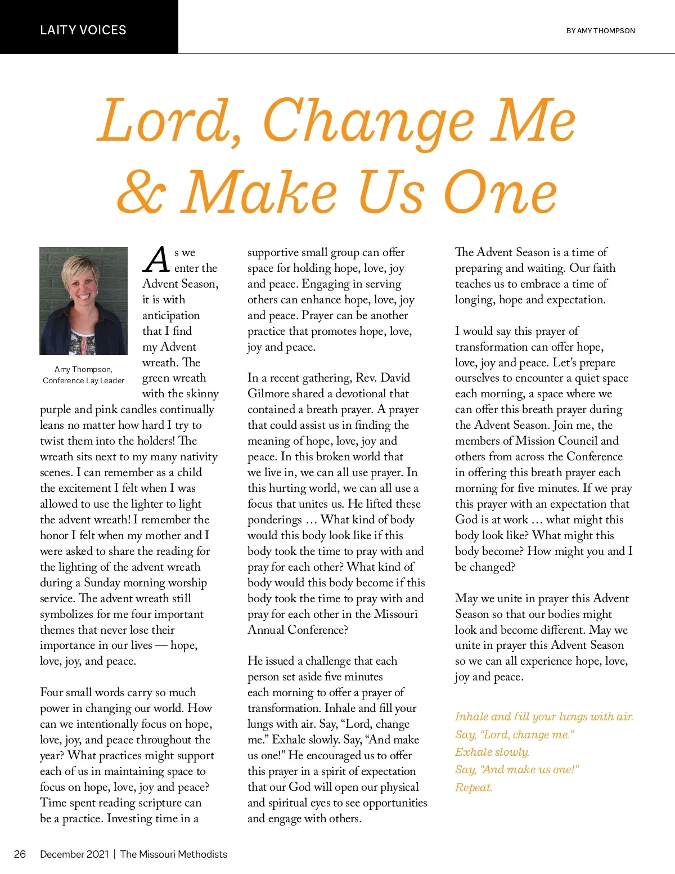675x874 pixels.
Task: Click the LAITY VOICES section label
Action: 83,30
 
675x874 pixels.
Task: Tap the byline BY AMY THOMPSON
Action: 600,31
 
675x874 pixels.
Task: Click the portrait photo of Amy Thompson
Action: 83,301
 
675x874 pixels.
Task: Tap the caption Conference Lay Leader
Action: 83,380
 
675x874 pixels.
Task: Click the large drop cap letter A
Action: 156,259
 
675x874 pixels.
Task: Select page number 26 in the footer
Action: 20,854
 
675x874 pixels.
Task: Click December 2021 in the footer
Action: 74,854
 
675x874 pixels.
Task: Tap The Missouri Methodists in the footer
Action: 174,854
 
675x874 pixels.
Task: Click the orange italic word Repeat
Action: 473,787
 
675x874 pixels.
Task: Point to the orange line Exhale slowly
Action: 492,752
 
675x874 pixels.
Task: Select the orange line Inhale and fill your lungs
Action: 543,716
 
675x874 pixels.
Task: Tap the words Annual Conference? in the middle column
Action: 298,630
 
